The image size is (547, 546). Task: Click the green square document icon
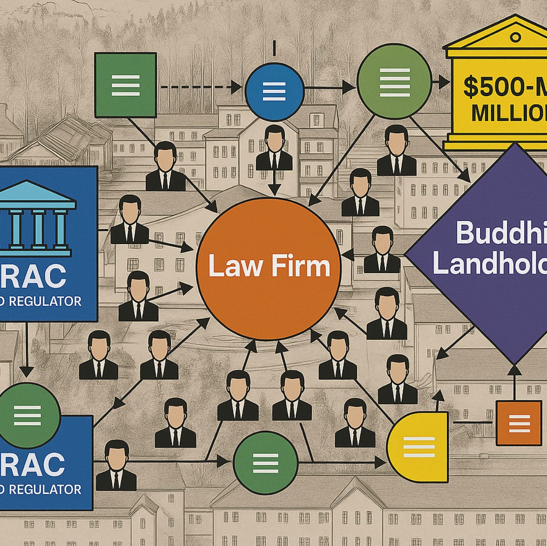coord(126,85)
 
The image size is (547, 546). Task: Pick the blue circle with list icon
coord(274,91)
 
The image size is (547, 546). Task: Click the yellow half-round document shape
coord(419,447)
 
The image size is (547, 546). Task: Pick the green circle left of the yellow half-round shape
coord(266,463)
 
